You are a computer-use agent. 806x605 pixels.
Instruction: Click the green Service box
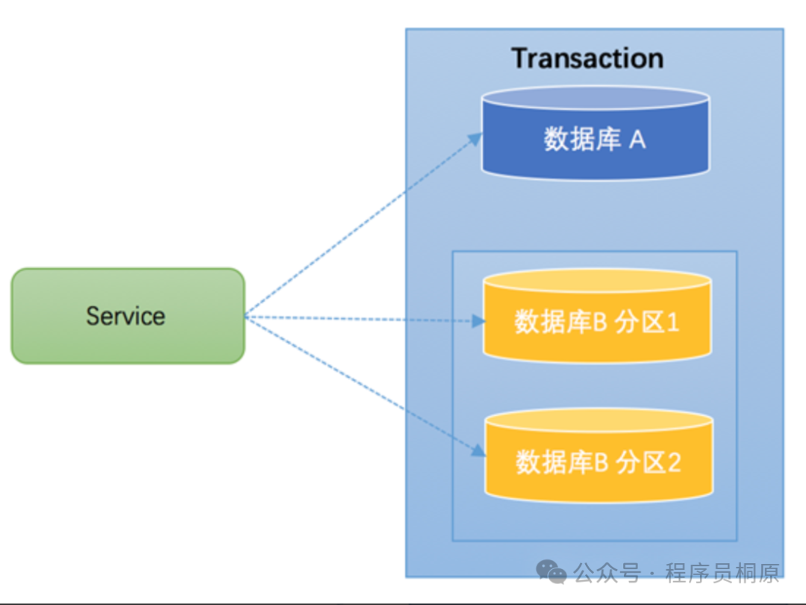point(128,316)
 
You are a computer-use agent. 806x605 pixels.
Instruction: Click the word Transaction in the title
point(587,58)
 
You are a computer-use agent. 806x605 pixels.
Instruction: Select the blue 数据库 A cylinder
point(594,139)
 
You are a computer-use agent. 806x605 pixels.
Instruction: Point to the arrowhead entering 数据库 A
point(478,137)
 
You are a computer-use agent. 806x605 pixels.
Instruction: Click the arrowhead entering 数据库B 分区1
point(479,322)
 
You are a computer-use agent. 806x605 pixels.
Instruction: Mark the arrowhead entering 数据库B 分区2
point(479,450)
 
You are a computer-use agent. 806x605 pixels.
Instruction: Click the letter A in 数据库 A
point(637,140)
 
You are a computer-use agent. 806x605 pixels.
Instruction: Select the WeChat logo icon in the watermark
point(552,572)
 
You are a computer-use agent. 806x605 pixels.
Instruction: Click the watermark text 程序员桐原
point(722,573)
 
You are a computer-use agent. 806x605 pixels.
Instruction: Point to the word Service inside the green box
point(125,316)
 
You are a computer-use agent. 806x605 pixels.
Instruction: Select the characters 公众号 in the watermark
point(607,573)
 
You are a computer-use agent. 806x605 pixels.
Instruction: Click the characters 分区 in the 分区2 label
point(640,462)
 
